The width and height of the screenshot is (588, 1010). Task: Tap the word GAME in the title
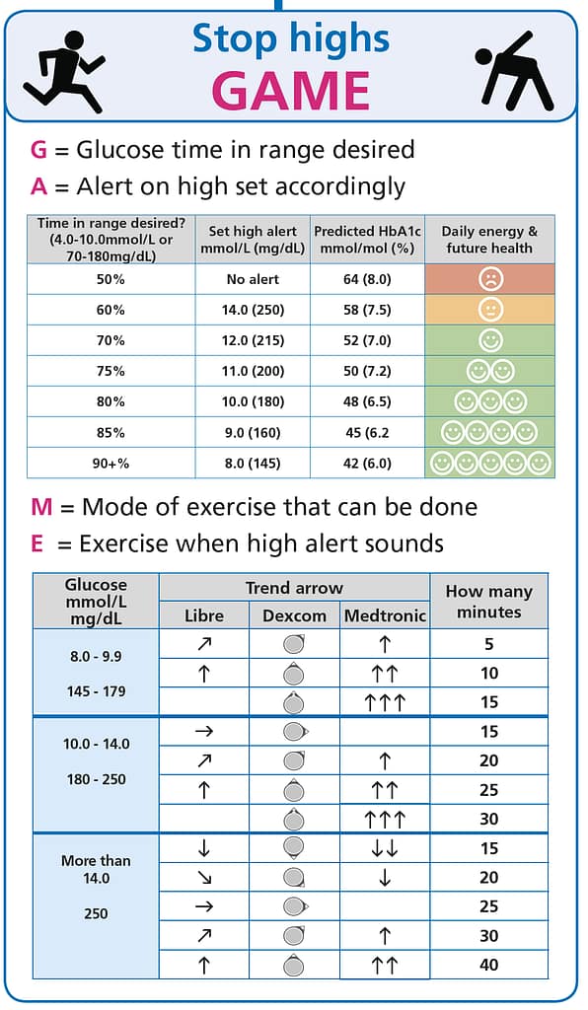[292, 90]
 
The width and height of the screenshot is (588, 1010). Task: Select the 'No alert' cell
[253, 279]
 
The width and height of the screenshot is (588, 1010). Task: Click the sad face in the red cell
[489, 279]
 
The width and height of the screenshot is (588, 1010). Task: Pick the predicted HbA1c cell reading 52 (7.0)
[366, 340]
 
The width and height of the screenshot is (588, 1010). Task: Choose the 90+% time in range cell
[110, 463]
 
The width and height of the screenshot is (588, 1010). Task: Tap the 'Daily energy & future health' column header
[489, 239]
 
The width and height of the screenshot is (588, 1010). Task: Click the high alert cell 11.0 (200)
[253, 371]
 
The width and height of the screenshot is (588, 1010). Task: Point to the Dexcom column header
[294, 615]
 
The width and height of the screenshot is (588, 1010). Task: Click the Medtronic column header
[385, 615]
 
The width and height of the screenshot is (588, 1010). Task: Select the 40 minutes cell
[488, 965]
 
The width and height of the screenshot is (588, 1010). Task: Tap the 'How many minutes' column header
[488, 602]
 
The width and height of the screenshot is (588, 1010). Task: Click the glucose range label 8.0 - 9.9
[95, 655]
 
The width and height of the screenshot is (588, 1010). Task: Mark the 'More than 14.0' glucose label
[95, 869]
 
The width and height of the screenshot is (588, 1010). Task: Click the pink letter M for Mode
[41, 507]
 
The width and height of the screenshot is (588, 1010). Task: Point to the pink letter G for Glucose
[39, 150]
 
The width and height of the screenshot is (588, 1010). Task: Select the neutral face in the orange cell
[489, 310]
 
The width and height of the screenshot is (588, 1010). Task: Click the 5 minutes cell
[488, 644]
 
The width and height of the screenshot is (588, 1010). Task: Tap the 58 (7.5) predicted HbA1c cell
[366, 310]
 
